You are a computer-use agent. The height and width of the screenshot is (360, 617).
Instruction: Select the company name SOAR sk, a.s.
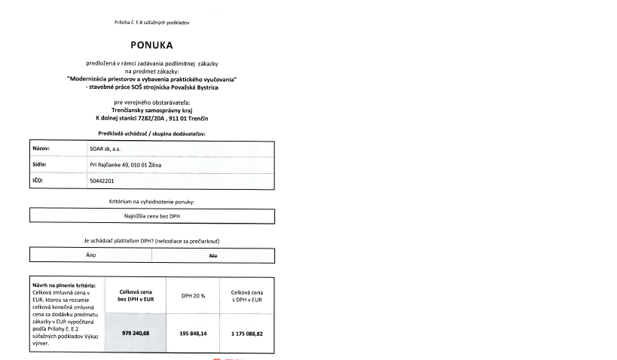[106, 148]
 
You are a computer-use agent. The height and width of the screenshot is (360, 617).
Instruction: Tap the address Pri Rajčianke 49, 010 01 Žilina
[131, 163]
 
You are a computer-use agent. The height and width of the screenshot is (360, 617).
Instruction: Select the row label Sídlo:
[41, 163]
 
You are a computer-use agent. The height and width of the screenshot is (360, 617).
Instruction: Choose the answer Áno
[90, 255]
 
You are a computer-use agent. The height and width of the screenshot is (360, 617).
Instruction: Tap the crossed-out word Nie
[213, 255]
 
